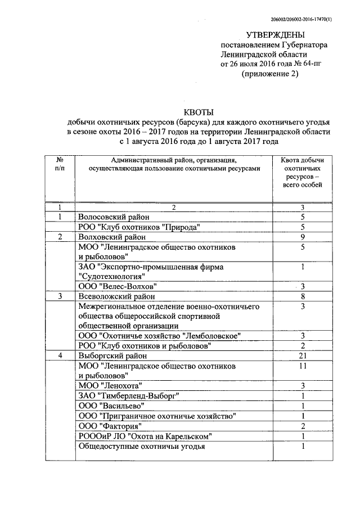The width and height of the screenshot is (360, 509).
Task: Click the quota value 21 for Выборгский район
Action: [303, 356]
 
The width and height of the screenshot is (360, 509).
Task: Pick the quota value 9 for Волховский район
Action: [303, 237]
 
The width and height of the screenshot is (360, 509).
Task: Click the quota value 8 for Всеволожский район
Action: [303, 296]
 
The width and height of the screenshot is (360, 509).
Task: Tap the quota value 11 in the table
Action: [303, 366]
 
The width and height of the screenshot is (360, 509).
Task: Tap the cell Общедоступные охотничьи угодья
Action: [141, 447]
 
